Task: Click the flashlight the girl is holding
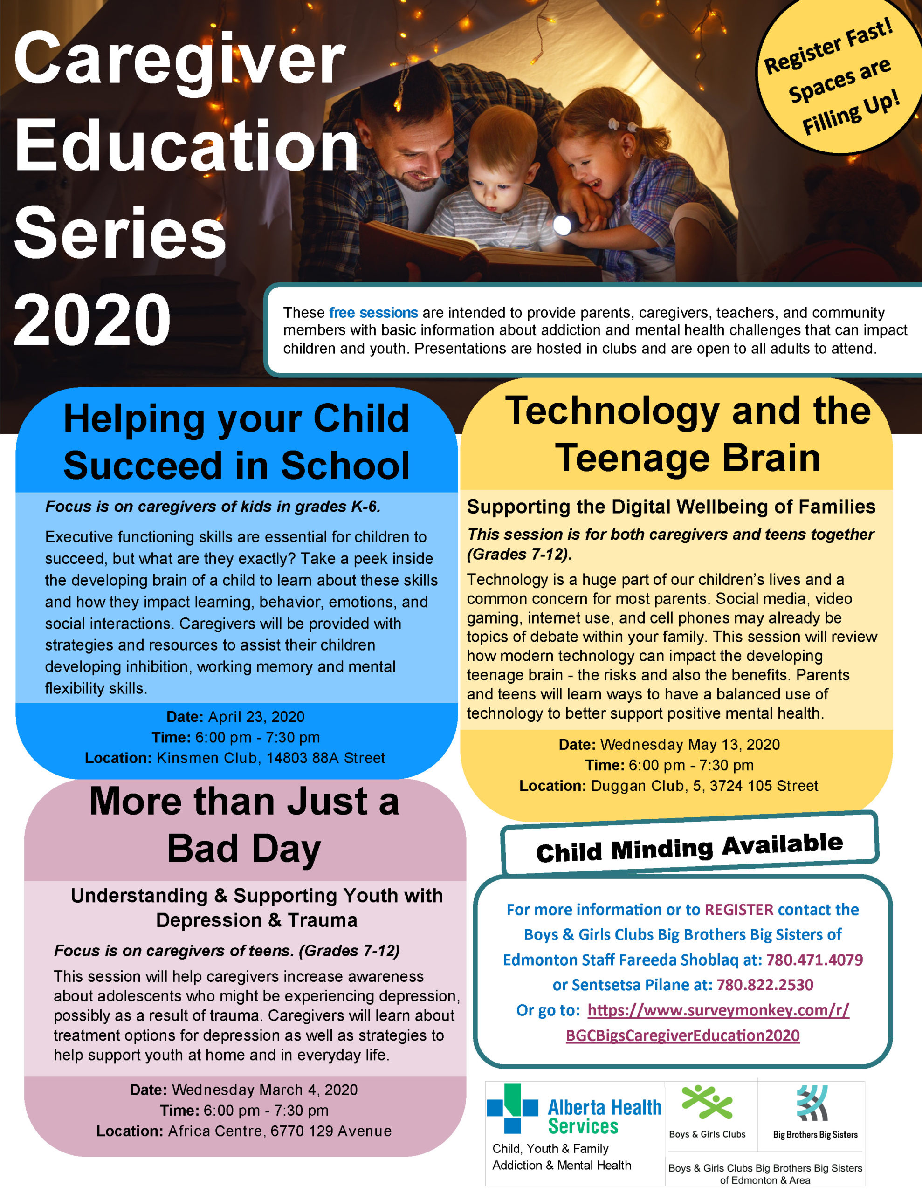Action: coord(563,225)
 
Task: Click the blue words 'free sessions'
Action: coord(373,312)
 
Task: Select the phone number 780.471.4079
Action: coord(814,960)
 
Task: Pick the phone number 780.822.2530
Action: coord(764,985)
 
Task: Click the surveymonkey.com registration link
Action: coord(718,1010)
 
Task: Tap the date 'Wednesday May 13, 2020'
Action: coord(690,745)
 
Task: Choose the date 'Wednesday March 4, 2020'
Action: coord(264,1090)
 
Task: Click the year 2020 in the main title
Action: coord(92,320)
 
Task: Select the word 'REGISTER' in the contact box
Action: coord(739,910)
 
